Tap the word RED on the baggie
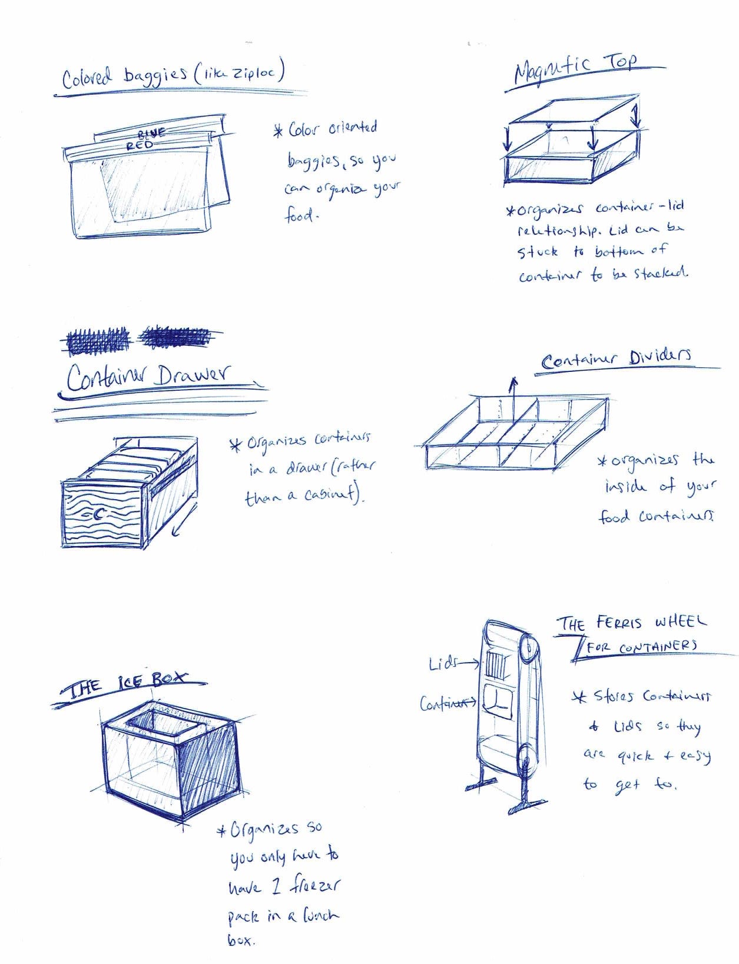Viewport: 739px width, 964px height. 140,145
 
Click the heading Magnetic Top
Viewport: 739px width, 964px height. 575,71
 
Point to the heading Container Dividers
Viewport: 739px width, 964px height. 615,358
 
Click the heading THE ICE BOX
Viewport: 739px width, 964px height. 126,686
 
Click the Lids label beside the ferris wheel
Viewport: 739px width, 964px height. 443,663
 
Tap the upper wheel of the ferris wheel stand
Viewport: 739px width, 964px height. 528,650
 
